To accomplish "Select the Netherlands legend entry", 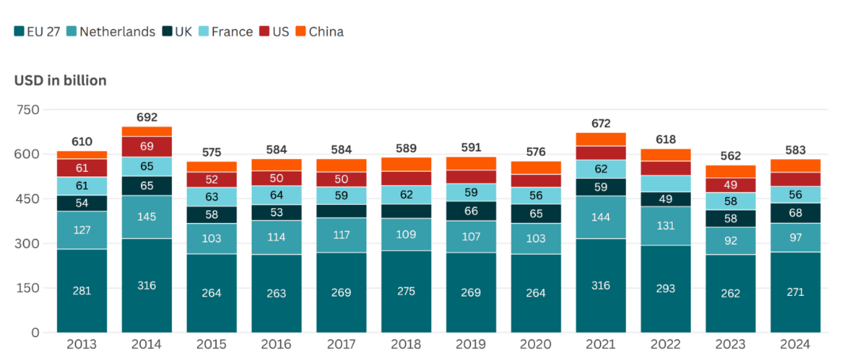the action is click(x=112, y=32).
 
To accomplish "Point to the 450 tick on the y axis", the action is click(x=28, y=199).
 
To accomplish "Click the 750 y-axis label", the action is click(x=28, y=109).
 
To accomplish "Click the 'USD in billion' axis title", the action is click(x=60, y=81).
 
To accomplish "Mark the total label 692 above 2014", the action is click(x=147, y=117).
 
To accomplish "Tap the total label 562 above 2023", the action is click(x=731, y=156).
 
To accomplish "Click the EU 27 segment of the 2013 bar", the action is click(x=82, y=290).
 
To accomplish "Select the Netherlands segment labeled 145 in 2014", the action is click(x=147, y=217).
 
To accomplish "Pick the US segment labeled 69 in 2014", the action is click(x=147, y=147).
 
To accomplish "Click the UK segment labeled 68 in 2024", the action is click(x=795, y=213).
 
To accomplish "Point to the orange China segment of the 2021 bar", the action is click(x=601, y=139).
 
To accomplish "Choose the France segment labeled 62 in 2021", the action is click(x=601, y=169).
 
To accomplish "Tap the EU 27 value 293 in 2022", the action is click(x=666, y=289).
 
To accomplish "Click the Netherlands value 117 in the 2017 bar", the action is click(x=341, y=235).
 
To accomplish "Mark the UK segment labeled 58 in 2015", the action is click(x=212, y=214).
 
